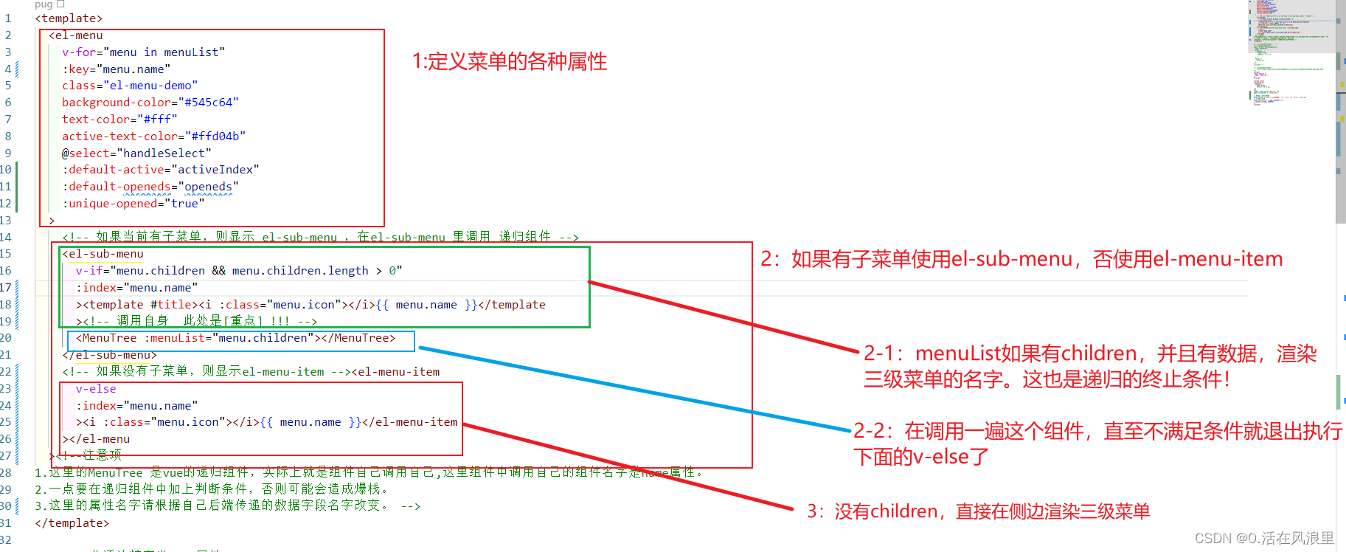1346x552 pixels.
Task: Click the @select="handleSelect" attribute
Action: coord(136,153)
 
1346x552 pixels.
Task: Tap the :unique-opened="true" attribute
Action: coord(133,204)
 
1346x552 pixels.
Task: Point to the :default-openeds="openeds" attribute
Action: coord(150,187)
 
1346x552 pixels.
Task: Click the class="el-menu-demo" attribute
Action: coord(130,86)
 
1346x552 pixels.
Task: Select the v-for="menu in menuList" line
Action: coord(143,52)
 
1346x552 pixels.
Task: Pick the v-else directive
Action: coord(96,389)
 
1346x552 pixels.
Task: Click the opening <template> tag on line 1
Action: coord(69,18)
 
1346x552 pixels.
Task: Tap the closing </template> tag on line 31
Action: coord(72,523)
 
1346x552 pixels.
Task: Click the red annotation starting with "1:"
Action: coord(510,61)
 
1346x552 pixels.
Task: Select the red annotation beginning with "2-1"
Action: coord(1089,366)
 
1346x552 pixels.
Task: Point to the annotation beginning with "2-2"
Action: coord(1097,444)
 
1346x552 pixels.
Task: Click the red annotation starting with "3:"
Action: coord(978,511)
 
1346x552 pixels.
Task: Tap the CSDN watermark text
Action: coord(1264,538)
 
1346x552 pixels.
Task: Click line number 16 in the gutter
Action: coord(6,271)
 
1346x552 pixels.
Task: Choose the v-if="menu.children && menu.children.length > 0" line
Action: coord(239,271)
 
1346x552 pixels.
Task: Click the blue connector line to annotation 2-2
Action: coord(634,389)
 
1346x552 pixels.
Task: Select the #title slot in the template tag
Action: coord(174,305)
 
